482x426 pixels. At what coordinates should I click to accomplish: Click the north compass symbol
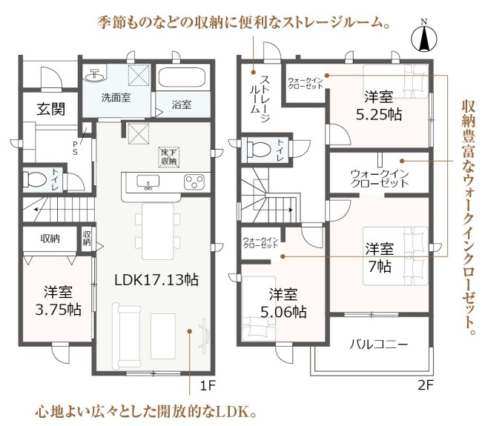[x=424, y=37]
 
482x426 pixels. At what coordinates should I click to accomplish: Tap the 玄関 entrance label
[x=50, y=109]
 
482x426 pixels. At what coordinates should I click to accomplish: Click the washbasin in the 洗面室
[x=95, y=75]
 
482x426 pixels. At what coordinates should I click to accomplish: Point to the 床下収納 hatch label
[x=169, y=156]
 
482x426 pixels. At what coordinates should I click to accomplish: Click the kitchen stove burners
[x=194, y=181]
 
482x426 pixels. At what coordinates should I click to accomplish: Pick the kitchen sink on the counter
[x=148, y=182]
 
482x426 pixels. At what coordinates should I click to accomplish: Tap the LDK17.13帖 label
[x=156, y=279]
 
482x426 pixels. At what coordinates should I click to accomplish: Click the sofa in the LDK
[x=127, y=336]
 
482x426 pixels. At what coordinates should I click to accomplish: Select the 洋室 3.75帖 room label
[x=58, y=301]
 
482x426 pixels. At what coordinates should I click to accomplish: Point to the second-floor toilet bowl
[x=259, y=149]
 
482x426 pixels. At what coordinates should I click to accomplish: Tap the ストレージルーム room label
[x=260, y=99]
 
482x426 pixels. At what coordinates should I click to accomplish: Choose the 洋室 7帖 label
[x=380, y=257]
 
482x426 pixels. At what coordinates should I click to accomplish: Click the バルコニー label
[x=379, y=345]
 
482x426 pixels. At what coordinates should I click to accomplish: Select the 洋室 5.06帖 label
[x=283, y=303]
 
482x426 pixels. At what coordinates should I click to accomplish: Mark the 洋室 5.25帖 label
[x=379, y=106]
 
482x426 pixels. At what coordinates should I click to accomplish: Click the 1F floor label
[x=208, y=385]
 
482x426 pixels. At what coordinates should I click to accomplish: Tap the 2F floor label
[x=425, y=385]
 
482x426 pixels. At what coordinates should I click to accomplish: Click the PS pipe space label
[x=75, y=148]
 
